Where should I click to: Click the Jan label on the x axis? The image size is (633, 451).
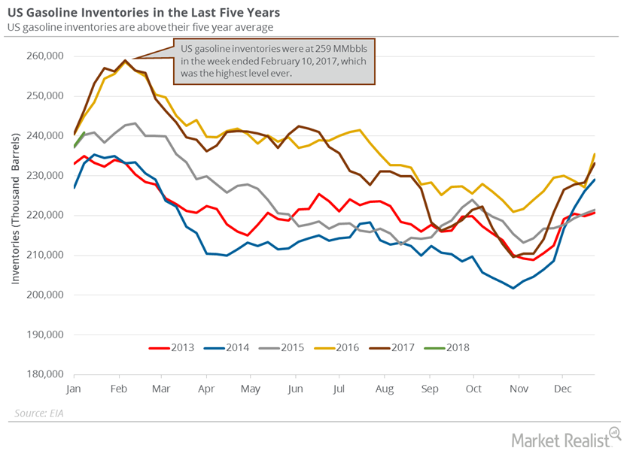(x=73, y=389)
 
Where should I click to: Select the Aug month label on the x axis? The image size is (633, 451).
(x=384, y=389)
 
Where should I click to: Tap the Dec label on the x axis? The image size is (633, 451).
(x=562, y=389)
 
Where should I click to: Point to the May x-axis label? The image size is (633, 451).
(x=251, y=389)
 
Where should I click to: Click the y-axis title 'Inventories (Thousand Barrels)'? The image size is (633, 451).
(x=15, y=214)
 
